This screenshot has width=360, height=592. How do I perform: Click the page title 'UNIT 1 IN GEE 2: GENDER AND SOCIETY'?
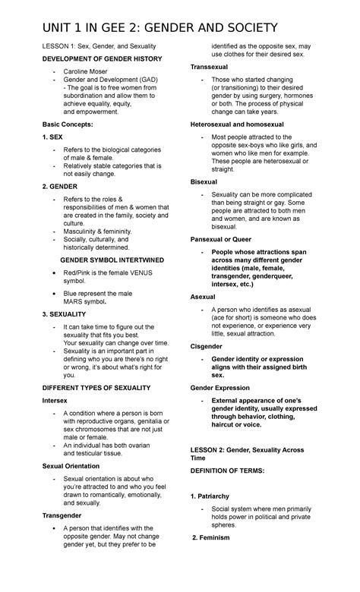[160, 28]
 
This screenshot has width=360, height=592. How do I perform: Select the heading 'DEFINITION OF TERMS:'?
[226, 471]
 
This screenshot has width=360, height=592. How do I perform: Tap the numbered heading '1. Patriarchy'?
[214, 496]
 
